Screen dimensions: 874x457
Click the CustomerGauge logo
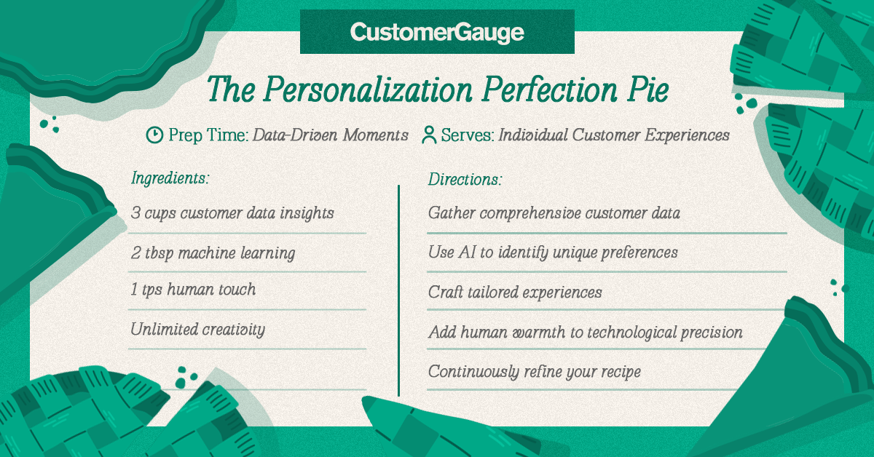pyautogui.click(x=437, y=32)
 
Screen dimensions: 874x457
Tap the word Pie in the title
pyautogui.click(x=648, y=90)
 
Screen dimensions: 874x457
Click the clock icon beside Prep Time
pyautogui.click(x=154, y=135)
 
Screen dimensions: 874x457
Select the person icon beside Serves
pyautogui.click(x=429, y=135)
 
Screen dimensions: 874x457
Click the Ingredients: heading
pyautogui.click(x=170, y=178)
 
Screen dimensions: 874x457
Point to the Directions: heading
pyautogui.click(x=465, y=179)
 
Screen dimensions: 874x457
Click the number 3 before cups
pyautogui.click(x=135, y=212)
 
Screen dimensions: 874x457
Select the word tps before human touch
pyautogui.click(x=151, y=290)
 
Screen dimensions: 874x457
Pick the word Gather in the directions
pyautogui.click(x=452, y=212)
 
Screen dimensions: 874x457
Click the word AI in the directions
pyautogui.click(x=467, y=252)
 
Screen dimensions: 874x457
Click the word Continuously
pyautogui.click(x=473, y=372)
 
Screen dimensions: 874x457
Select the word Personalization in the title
pyautogui.click(x=368, y=90)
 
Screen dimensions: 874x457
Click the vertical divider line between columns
pyautogui.click(x=399, y=290)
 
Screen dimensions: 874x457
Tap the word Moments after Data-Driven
pyautogui.click(x=375, y=135)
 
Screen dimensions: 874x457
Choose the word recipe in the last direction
pyautogui.click(x=621, y=372)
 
